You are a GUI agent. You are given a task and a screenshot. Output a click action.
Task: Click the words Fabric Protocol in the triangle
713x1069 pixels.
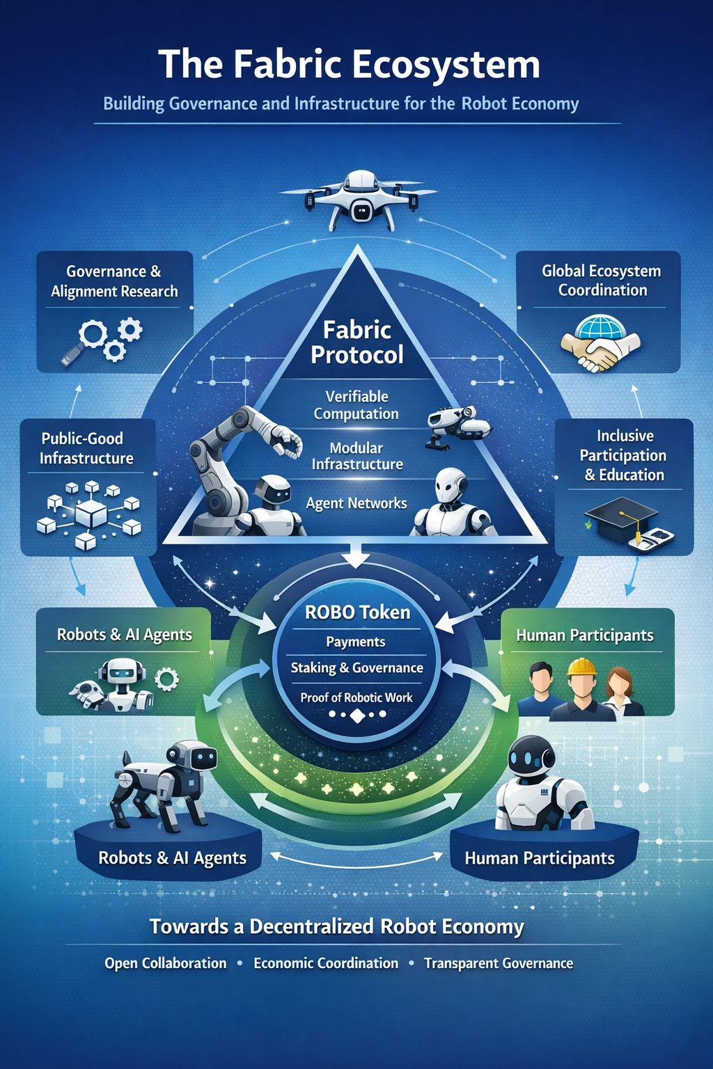pos(357,342)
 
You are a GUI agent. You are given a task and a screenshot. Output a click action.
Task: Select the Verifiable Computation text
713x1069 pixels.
pos(356,405)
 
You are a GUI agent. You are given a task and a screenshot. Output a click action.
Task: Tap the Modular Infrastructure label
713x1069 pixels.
pos(356,456)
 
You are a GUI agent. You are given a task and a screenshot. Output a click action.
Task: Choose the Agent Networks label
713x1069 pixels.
pos(356,503)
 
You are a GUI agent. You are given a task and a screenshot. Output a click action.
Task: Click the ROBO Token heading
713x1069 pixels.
pos(357,612)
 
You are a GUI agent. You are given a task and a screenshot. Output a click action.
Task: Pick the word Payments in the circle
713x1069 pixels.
pos(356,642)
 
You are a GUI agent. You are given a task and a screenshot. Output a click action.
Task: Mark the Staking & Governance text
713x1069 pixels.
pos(356,668)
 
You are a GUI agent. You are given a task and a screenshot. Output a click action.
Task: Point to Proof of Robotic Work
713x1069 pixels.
pos(356,697)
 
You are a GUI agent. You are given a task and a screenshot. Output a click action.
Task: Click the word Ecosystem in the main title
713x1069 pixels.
pos(446,64)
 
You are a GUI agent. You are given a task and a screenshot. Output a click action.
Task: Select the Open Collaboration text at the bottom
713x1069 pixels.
pos(166,963)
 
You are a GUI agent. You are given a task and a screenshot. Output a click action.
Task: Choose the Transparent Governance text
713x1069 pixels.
pos(499,963)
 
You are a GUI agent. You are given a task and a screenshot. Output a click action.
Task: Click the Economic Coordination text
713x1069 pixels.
pos(326,963)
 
